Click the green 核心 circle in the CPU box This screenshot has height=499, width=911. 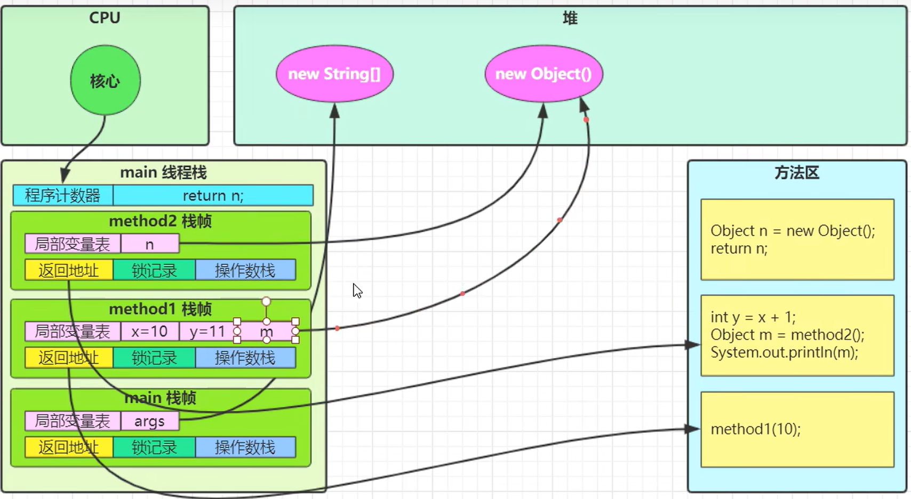(105, 80)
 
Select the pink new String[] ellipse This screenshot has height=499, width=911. (335, 74)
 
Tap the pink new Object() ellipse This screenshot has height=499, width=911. (544, 74)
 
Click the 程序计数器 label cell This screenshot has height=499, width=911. (62, 196)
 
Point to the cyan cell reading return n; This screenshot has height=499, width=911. (213, 196)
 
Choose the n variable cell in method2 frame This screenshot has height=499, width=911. (150, 244)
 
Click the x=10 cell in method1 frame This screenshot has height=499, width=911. (150, 332)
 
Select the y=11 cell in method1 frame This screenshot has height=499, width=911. (207, 332)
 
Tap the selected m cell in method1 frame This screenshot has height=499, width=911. (266, 332)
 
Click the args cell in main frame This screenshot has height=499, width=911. (150, 421)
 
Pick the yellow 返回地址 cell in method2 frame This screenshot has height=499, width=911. (69, 270)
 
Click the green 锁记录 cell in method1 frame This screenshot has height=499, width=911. (154, 358)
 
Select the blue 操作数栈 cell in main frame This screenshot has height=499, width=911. (245, 447)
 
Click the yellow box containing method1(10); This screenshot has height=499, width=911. (797, 430)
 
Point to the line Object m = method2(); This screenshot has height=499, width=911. (787, 334)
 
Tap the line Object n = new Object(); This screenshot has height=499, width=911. (793, 231)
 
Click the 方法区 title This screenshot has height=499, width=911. (797, 173)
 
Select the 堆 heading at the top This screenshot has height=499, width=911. (570, 18)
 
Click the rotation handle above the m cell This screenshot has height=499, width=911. (266, 302)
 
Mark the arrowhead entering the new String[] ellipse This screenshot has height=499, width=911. (335, 110)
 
